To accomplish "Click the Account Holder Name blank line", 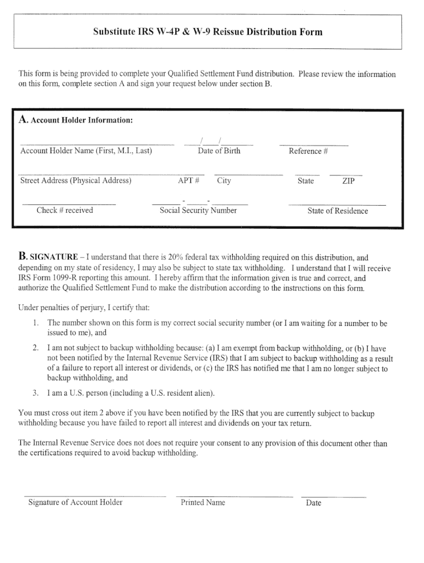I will tap(97, 145).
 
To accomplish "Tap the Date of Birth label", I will tap(219, 151).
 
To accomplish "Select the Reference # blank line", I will tap(313, 145).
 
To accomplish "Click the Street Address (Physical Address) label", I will tap(75, 180).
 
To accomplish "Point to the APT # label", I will tap(188, 180).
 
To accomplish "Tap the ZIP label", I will tap(348, 181).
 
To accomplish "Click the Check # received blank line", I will tap(69, 205).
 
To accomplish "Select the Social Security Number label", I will tap(198, 211).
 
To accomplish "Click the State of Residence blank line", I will tap(337, 205).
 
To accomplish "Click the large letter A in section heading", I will tap(23, 119).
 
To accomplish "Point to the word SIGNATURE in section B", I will tap(53, 257).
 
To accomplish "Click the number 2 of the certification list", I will tap(35, 348).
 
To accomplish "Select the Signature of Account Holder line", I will tap(95, 496).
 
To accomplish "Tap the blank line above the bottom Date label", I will tap(334, 497).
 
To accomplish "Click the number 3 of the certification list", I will tap(35, 393).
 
